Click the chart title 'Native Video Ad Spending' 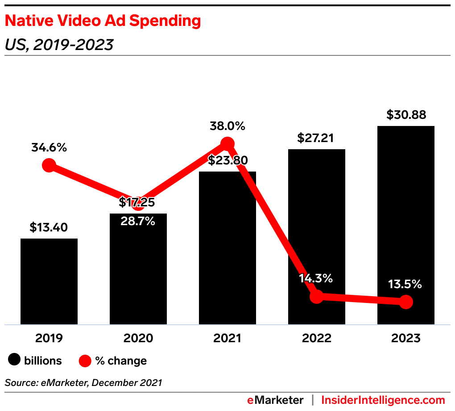(103, 21)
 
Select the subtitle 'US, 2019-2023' (59, 45)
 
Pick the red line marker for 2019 (49, 166)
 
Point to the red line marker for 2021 (227, 143)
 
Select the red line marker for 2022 (316, 296)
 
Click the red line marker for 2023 (405, 302)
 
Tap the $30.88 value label (406, 115)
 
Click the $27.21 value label (317, 138)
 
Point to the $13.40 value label (49, 227)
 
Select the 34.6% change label (49, 147)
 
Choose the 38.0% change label (227, 126)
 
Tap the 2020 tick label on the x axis (138, 338)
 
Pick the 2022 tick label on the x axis (317, 338)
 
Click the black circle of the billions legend (14, 360)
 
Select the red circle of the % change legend (85, 360)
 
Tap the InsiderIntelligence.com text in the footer (383, 400)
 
